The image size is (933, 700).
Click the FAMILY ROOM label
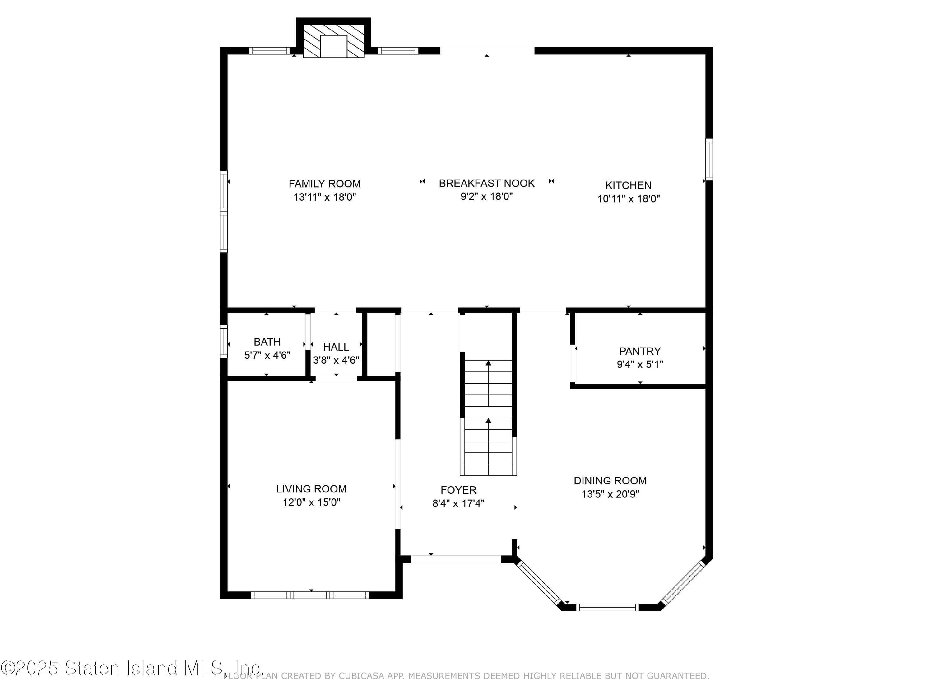324,184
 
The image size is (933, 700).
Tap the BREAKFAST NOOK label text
486,184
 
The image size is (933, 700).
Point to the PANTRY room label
639,351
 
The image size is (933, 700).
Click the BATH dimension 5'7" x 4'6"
267,355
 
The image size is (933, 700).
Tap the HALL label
336,347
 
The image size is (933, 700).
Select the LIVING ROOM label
311,489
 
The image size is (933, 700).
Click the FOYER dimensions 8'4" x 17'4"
458,503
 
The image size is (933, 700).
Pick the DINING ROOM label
610,481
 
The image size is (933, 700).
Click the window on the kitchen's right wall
709,160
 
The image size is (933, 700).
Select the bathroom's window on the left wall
224,341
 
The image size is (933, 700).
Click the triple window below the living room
310,595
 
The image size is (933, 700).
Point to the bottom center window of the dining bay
607,608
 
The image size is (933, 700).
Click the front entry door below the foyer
456,559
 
